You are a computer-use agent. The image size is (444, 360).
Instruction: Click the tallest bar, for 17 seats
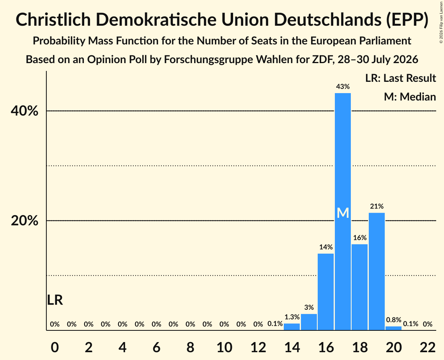(343, 212)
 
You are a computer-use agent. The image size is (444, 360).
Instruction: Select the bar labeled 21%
(377, 272)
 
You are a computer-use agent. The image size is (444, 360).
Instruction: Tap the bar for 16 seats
(325, 292)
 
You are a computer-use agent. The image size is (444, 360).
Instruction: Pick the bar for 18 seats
(360, 287)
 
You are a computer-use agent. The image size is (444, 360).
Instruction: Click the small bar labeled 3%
(309, 322)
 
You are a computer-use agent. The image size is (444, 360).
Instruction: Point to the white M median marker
(343, 213)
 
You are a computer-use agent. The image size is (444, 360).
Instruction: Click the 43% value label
(343, 86)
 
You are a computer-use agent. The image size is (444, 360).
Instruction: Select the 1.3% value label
(292, 317)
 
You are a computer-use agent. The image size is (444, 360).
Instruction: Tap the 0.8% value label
(394, 320)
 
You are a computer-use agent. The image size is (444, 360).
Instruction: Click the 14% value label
(326, 247)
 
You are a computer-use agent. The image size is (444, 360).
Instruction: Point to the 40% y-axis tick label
(24, 111)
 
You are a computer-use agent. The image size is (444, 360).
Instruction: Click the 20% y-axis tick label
(24, 221)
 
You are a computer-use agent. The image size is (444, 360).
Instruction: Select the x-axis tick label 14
(292, 347)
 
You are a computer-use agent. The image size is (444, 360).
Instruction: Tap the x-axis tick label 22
(428, 347)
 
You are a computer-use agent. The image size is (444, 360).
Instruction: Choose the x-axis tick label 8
(190, 347)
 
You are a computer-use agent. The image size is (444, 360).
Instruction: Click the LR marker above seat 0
(55, 300)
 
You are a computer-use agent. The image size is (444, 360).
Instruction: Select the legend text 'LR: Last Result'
(400, 78)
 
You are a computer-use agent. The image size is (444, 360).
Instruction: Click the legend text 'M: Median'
(410, 97)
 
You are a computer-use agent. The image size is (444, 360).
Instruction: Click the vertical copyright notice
(441, 22)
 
